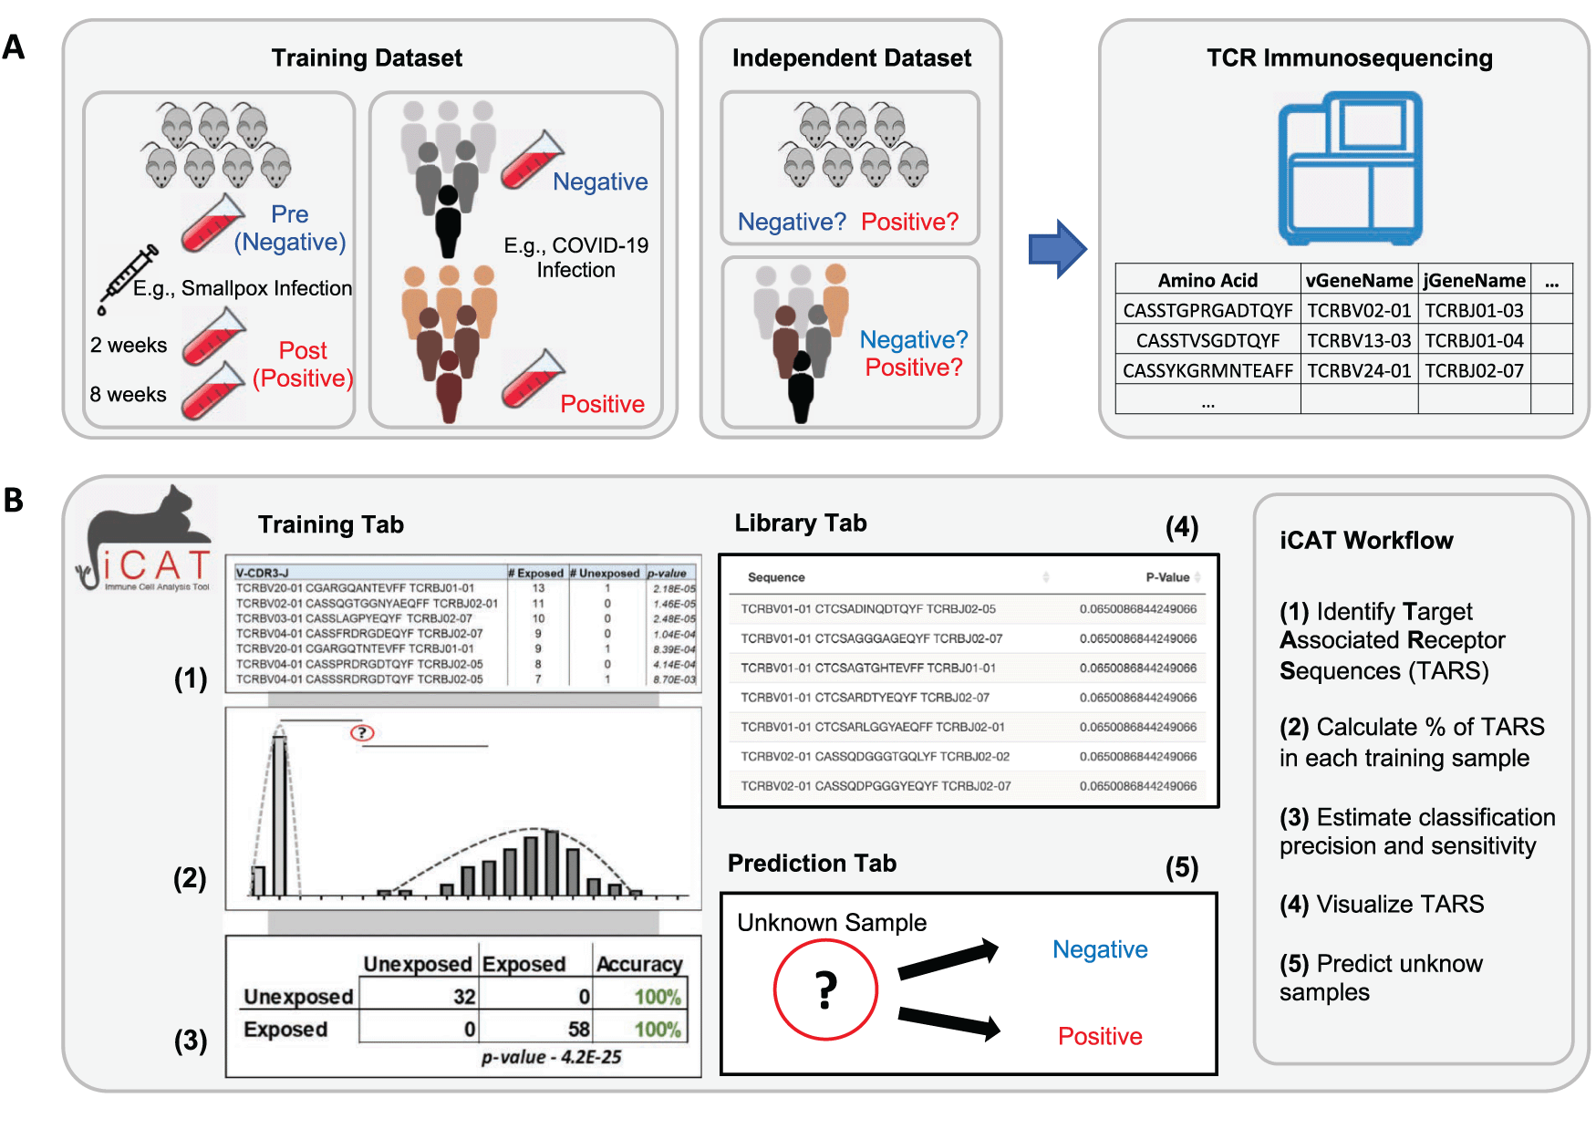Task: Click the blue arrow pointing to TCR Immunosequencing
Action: (1056, 248)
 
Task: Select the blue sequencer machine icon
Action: (1350, 168)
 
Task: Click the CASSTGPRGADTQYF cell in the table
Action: (1207, 310)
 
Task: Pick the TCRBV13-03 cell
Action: (1359, 340)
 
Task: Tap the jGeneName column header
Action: (1474, 280)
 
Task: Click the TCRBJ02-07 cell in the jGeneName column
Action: (1474, 370)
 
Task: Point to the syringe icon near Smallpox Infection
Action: (127, 277)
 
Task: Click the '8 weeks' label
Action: (128, 394)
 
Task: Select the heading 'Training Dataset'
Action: (367, 58)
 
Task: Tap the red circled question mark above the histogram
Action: (362, 732)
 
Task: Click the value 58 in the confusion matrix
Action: (578, 1029)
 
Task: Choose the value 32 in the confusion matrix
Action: (464, 997)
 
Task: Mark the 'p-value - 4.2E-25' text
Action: (551, 1057)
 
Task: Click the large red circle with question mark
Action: (825, 989)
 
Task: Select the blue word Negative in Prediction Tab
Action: (1100, 949)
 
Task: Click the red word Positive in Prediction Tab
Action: (1100, 1036)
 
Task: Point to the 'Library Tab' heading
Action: (801, 523)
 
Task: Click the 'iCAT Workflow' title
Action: (1366, 540)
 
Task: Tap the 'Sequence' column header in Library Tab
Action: (776, 577)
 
